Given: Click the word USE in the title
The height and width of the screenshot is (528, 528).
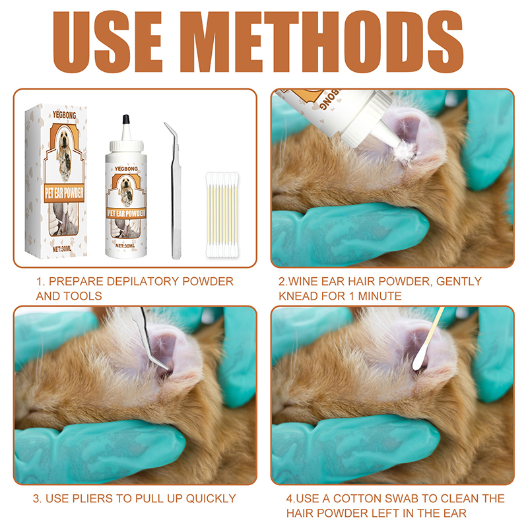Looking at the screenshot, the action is coord(108,42).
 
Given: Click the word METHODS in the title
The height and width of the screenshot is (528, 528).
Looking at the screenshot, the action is coord(322,42).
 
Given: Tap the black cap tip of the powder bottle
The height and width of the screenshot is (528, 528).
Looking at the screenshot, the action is coord(126,119).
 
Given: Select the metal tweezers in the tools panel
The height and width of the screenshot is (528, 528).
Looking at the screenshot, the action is coord(174,191).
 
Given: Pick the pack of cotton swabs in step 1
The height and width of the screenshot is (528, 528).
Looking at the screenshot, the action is coord(222,215).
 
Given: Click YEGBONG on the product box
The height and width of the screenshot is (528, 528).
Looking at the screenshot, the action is coord(64,115).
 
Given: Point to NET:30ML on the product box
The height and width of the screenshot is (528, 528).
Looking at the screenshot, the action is coord(61,249).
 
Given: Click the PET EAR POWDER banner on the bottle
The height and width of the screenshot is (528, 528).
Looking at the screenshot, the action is coord(126,213).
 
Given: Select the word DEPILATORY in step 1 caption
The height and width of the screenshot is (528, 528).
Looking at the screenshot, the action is coord(143,281).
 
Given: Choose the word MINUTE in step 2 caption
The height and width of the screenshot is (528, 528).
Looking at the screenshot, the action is coord(379,296).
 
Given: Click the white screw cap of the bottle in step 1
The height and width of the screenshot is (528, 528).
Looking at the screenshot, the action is coord(126,146).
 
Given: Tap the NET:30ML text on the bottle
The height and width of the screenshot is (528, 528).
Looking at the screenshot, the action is coord(125,246).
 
